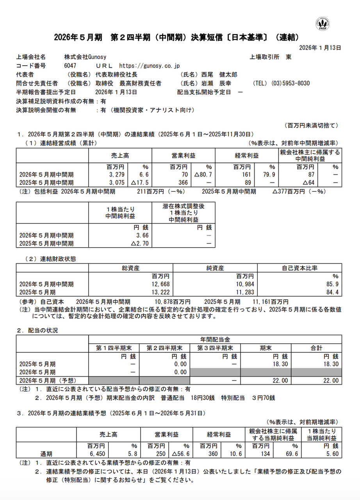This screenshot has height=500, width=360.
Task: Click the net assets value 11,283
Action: click(x=246, y=292)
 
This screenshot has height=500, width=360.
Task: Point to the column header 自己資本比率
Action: click(x=299, y=268)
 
